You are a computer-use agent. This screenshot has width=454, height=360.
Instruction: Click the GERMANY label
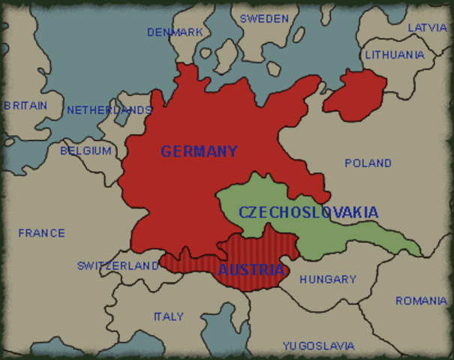199,151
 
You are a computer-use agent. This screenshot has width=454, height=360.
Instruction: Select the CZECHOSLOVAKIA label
308,212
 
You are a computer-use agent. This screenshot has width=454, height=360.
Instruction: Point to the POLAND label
368,163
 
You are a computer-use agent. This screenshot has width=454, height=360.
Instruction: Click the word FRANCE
42,233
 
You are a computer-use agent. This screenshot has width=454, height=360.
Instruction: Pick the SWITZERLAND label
118,265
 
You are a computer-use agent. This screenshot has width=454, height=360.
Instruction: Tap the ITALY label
168,316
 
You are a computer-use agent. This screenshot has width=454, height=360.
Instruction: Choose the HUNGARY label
328,279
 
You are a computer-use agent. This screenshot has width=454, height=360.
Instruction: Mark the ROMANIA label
421,301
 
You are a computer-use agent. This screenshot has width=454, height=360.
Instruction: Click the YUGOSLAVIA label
318,346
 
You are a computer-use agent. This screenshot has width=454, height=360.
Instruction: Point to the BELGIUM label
86,151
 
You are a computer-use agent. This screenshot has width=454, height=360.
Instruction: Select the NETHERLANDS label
110,110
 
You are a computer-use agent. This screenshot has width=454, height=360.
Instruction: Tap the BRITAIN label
25,106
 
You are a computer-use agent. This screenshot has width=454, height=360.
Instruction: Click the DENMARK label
175,32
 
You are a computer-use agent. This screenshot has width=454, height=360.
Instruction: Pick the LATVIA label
427,28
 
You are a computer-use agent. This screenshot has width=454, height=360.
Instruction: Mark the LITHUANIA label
395,55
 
